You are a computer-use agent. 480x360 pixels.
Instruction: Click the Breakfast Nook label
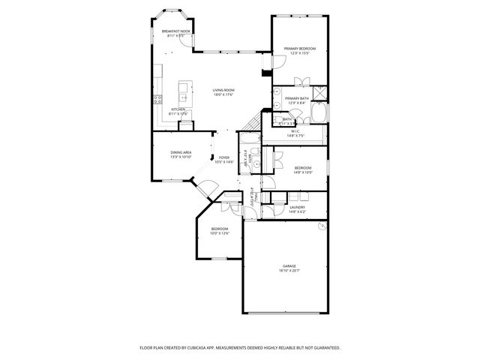point(176,31)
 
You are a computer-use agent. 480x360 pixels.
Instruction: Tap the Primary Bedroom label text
point(299,49)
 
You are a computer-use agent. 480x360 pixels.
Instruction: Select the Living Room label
point(224,89)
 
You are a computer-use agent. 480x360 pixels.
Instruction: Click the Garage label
point(289,265)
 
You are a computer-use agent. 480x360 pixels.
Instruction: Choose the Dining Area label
point(181,152)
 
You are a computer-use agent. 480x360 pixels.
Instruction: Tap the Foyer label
point(224,157)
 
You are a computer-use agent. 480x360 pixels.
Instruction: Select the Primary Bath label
point(298,98)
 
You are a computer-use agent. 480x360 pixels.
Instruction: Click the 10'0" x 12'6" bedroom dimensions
point(219,233)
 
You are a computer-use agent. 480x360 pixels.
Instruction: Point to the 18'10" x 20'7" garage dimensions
point(289,271)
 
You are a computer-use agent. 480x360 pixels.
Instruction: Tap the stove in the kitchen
point(158,99)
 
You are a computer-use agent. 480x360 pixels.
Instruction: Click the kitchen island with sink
point(182,94)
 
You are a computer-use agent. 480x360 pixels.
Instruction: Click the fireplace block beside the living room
point(265,73)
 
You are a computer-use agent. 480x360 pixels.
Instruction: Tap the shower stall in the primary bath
point(319,92)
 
